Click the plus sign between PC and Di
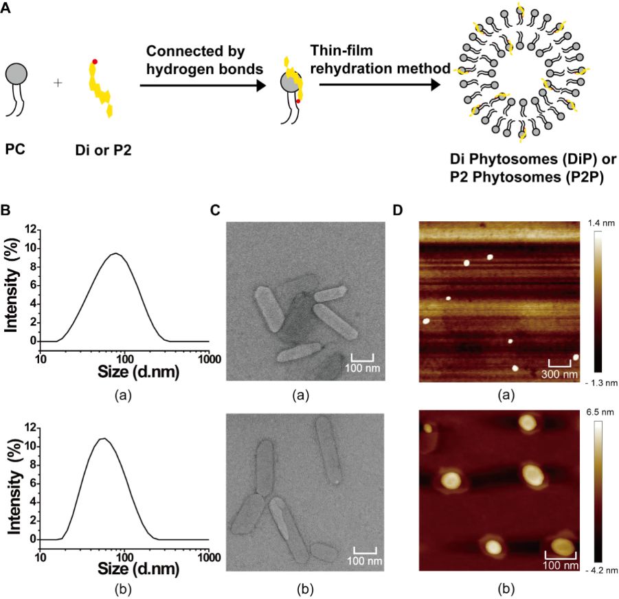[58, 82]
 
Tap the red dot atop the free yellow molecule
[94, 63]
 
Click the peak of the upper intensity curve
[117, 253]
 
